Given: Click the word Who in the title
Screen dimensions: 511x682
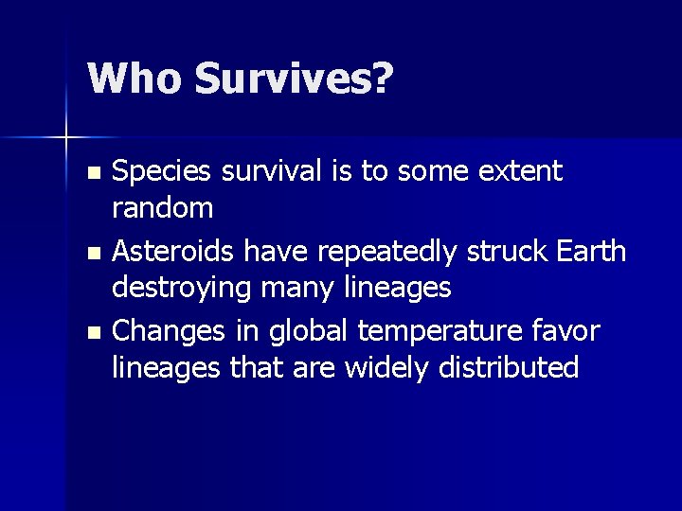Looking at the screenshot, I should click(133, 79).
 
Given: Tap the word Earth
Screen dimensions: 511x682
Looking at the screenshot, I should click(589, 252).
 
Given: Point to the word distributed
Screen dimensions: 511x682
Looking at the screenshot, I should click(509, 366).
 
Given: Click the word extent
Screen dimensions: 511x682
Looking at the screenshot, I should click(524, 172).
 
